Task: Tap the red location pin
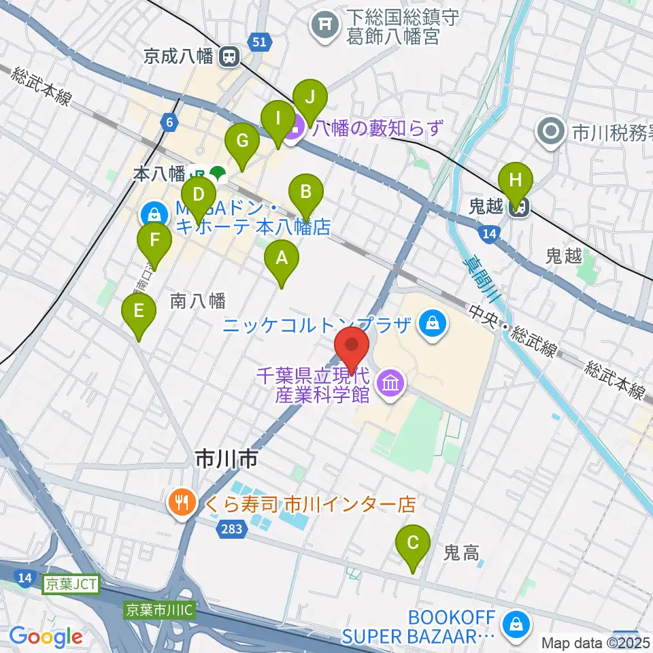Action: point(352,347)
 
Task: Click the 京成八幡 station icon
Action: point(229,57)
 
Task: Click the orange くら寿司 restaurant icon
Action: point(180,505)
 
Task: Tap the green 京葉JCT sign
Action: point(72,584)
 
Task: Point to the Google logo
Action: point(46,636)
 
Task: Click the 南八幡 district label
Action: point(198,300)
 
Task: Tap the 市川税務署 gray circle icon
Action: point(550,130)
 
